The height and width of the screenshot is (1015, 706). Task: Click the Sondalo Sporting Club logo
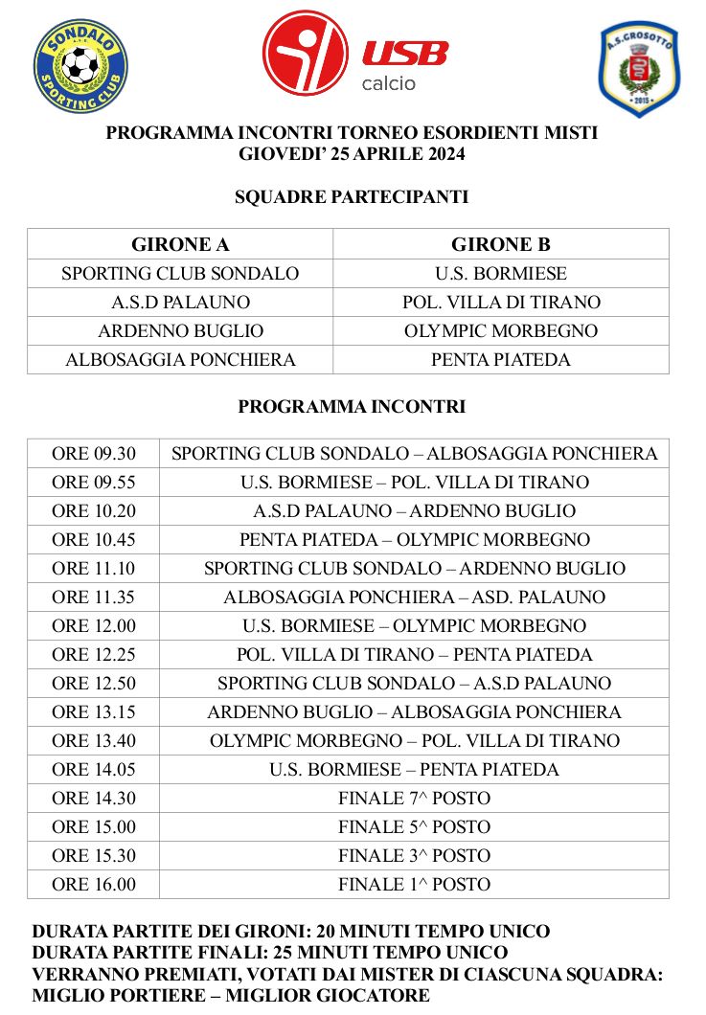[x=80, y=65]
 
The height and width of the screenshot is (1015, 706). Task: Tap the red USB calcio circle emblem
[x=306, y=53]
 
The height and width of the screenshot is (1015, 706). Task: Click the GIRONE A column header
[x=180, y=244]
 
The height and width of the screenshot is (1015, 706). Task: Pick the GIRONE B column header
[x=501, y=244]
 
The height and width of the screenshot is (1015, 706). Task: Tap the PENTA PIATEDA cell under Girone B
[x=501, y=360]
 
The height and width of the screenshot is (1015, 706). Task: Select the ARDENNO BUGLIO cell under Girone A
[x=180, y=331]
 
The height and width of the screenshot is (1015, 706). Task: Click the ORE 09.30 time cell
[x=94, y=454]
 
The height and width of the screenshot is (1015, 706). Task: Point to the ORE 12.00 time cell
[x=94, y=626]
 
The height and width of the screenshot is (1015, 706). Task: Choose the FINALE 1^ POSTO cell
[x=414, y=885]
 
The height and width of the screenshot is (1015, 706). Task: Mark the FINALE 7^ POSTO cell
[x=414, y=799]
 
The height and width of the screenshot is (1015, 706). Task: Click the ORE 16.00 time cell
[x=94, y=885]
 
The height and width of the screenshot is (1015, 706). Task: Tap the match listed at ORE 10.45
[x=414, y=540]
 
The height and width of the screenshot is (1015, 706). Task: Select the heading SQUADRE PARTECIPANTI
[x=352, y=197]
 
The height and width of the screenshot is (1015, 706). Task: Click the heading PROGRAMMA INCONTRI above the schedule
[x=352, y=407]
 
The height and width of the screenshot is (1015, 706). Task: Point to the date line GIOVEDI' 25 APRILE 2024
[x=352, y=152]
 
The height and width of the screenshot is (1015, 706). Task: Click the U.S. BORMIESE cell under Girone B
[x=501, y=273]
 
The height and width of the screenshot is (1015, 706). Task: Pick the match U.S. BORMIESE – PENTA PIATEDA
[x=414, y=770]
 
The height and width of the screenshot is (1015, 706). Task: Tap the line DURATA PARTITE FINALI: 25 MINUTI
[x=270, y=953]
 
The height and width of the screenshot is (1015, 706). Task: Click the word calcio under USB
[x=389, y=83]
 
